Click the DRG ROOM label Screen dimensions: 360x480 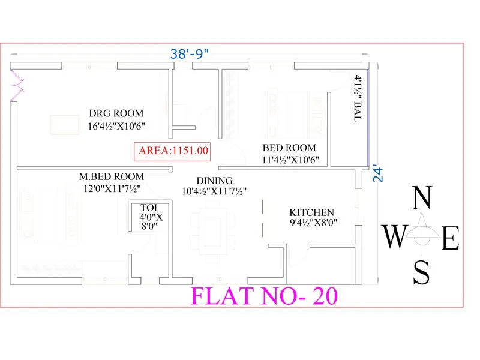click(x=116, y=113)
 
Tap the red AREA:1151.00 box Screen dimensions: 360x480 click(x=173, y=151)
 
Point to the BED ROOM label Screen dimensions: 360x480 click(x=289, y=148)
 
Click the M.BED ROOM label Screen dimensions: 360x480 click(x=112, y=176)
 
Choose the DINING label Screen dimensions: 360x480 click(x=215, y=180)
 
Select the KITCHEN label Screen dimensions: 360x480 click(x=311, y=212)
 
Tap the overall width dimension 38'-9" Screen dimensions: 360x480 click(x=190, y=53)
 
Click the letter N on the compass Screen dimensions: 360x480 click(x=423, y=199)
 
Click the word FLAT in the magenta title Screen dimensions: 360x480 click(x=220, y=296)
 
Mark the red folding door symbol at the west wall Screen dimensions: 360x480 click(x=16, y=84)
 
